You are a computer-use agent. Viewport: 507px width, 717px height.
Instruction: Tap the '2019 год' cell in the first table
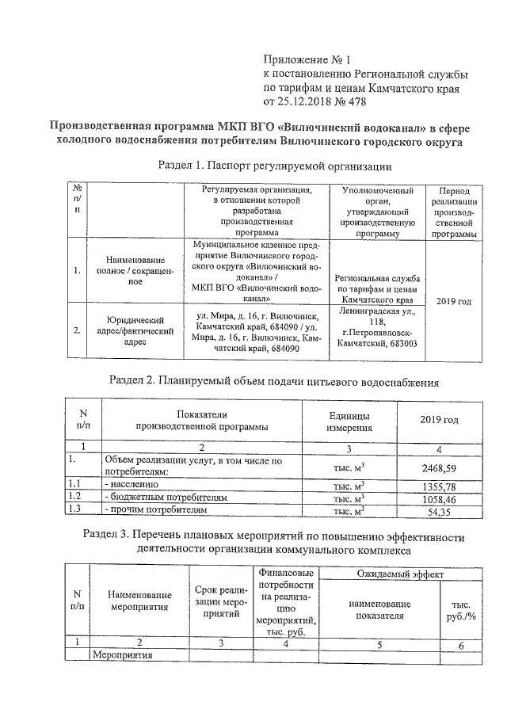point(454,302)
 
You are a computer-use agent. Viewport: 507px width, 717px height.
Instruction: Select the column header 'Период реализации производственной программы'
point(454,212)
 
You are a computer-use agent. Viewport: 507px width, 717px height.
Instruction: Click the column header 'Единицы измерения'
point(349,421)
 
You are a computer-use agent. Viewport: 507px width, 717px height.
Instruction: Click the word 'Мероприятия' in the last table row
point(120,656)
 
